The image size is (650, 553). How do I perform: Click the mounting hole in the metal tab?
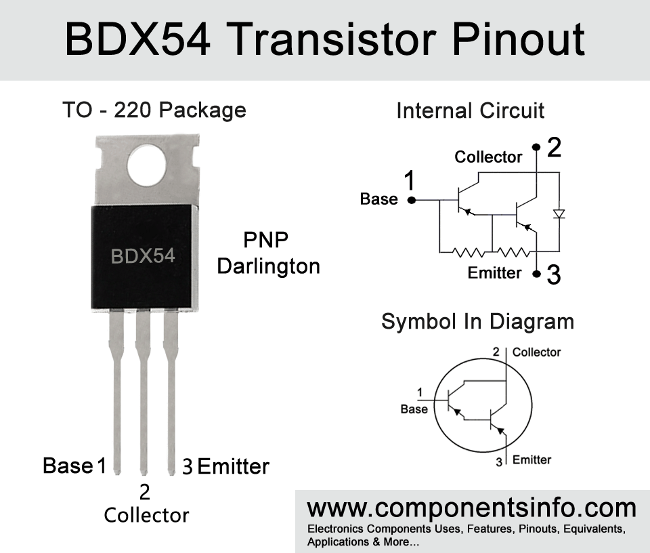click(147, 165)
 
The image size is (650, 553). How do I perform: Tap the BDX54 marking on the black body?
click(143, 256)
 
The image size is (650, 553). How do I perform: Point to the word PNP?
click(265, 240)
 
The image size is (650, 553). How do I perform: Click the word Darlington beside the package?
click(269, 266)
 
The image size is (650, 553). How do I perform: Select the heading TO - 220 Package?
click(154, 110)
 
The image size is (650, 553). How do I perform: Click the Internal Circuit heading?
click(470, 110)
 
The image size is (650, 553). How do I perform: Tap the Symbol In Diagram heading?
click(477, 321)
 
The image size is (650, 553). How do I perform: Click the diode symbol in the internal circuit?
click(559, 214)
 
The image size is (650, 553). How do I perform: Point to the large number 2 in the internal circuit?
click(555, 147)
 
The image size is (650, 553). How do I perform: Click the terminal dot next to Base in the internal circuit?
click(411, 200)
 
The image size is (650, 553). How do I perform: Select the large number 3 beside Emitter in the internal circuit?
click(554, 274)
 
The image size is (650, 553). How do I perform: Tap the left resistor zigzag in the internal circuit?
click(468, 252)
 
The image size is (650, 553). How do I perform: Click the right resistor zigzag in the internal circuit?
click(513, 252)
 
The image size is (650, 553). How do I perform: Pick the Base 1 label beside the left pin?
click(74, 466)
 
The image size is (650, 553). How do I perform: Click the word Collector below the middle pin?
click(146, 515)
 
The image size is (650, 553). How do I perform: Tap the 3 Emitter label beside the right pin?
click(226, 466)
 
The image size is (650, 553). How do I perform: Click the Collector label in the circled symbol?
click(536, 352)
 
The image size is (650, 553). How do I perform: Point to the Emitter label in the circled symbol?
click(532, 459)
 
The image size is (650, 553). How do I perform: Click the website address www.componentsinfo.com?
click(472, 508)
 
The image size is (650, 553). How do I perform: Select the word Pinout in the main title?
click(518, 39)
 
